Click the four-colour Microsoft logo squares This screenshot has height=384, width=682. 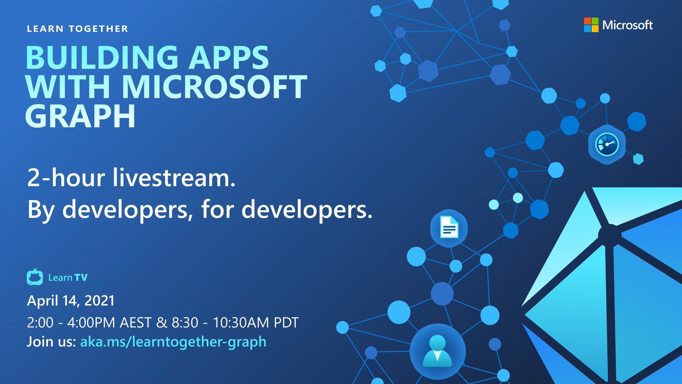click(591, 25)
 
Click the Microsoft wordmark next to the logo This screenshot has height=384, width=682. click(627, 25)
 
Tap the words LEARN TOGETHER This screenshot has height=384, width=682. click(77, 29)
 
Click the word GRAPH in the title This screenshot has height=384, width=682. click(80, 116)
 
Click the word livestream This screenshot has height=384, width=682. click(173, 178)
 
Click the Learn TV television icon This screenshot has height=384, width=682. click(35, 277)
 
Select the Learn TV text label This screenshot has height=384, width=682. click(68, 278)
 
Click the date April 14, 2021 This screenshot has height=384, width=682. click(71, 301)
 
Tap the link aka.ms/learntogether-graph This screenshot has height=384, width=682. click(173, 342)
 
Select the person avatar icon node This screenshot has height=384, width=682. click(437, 351)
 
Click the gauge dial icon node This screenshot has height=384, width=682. click(607, 145)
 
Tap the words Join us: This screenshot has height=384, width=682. click(51, 342)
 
